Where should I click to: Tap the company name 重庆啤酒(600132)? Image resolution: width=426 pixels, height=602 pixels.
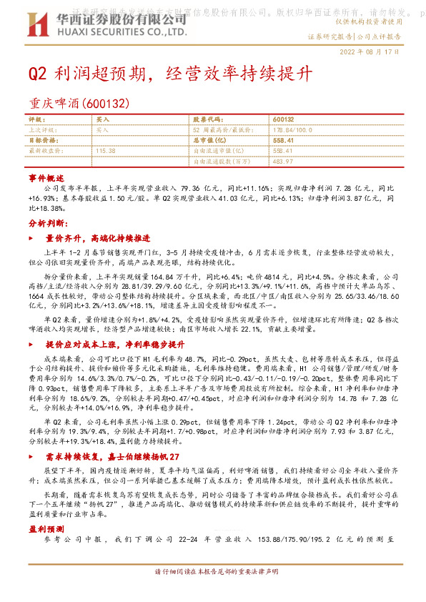pyautogui.click(x=79, y=104)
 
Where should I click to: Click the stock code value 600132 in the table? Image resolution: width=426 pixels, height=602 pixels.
pyautogui.click(x=284, y=119)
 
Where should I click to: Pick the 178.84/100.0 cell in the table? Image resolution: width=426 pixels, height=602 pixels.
pyautogui.click(x=293, y=129)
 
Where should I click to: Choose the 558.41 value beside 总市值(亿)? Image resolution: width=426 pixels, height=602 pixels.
pyautogui.click(x=284, y=140)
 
